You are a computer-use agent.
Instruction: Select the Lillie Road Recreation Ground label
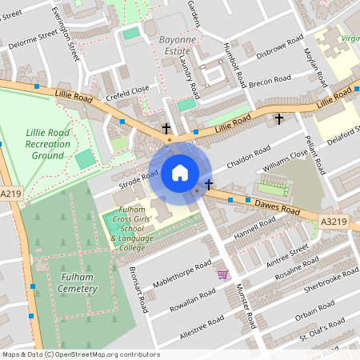48,142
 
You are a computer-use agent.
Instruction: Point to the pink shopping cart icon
222,274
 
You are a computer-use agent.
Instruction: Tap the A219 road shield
10,194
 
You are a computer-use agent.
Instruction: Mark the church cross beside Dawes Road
209,185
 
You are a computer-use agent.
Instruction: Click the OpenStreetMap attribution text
81,354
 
